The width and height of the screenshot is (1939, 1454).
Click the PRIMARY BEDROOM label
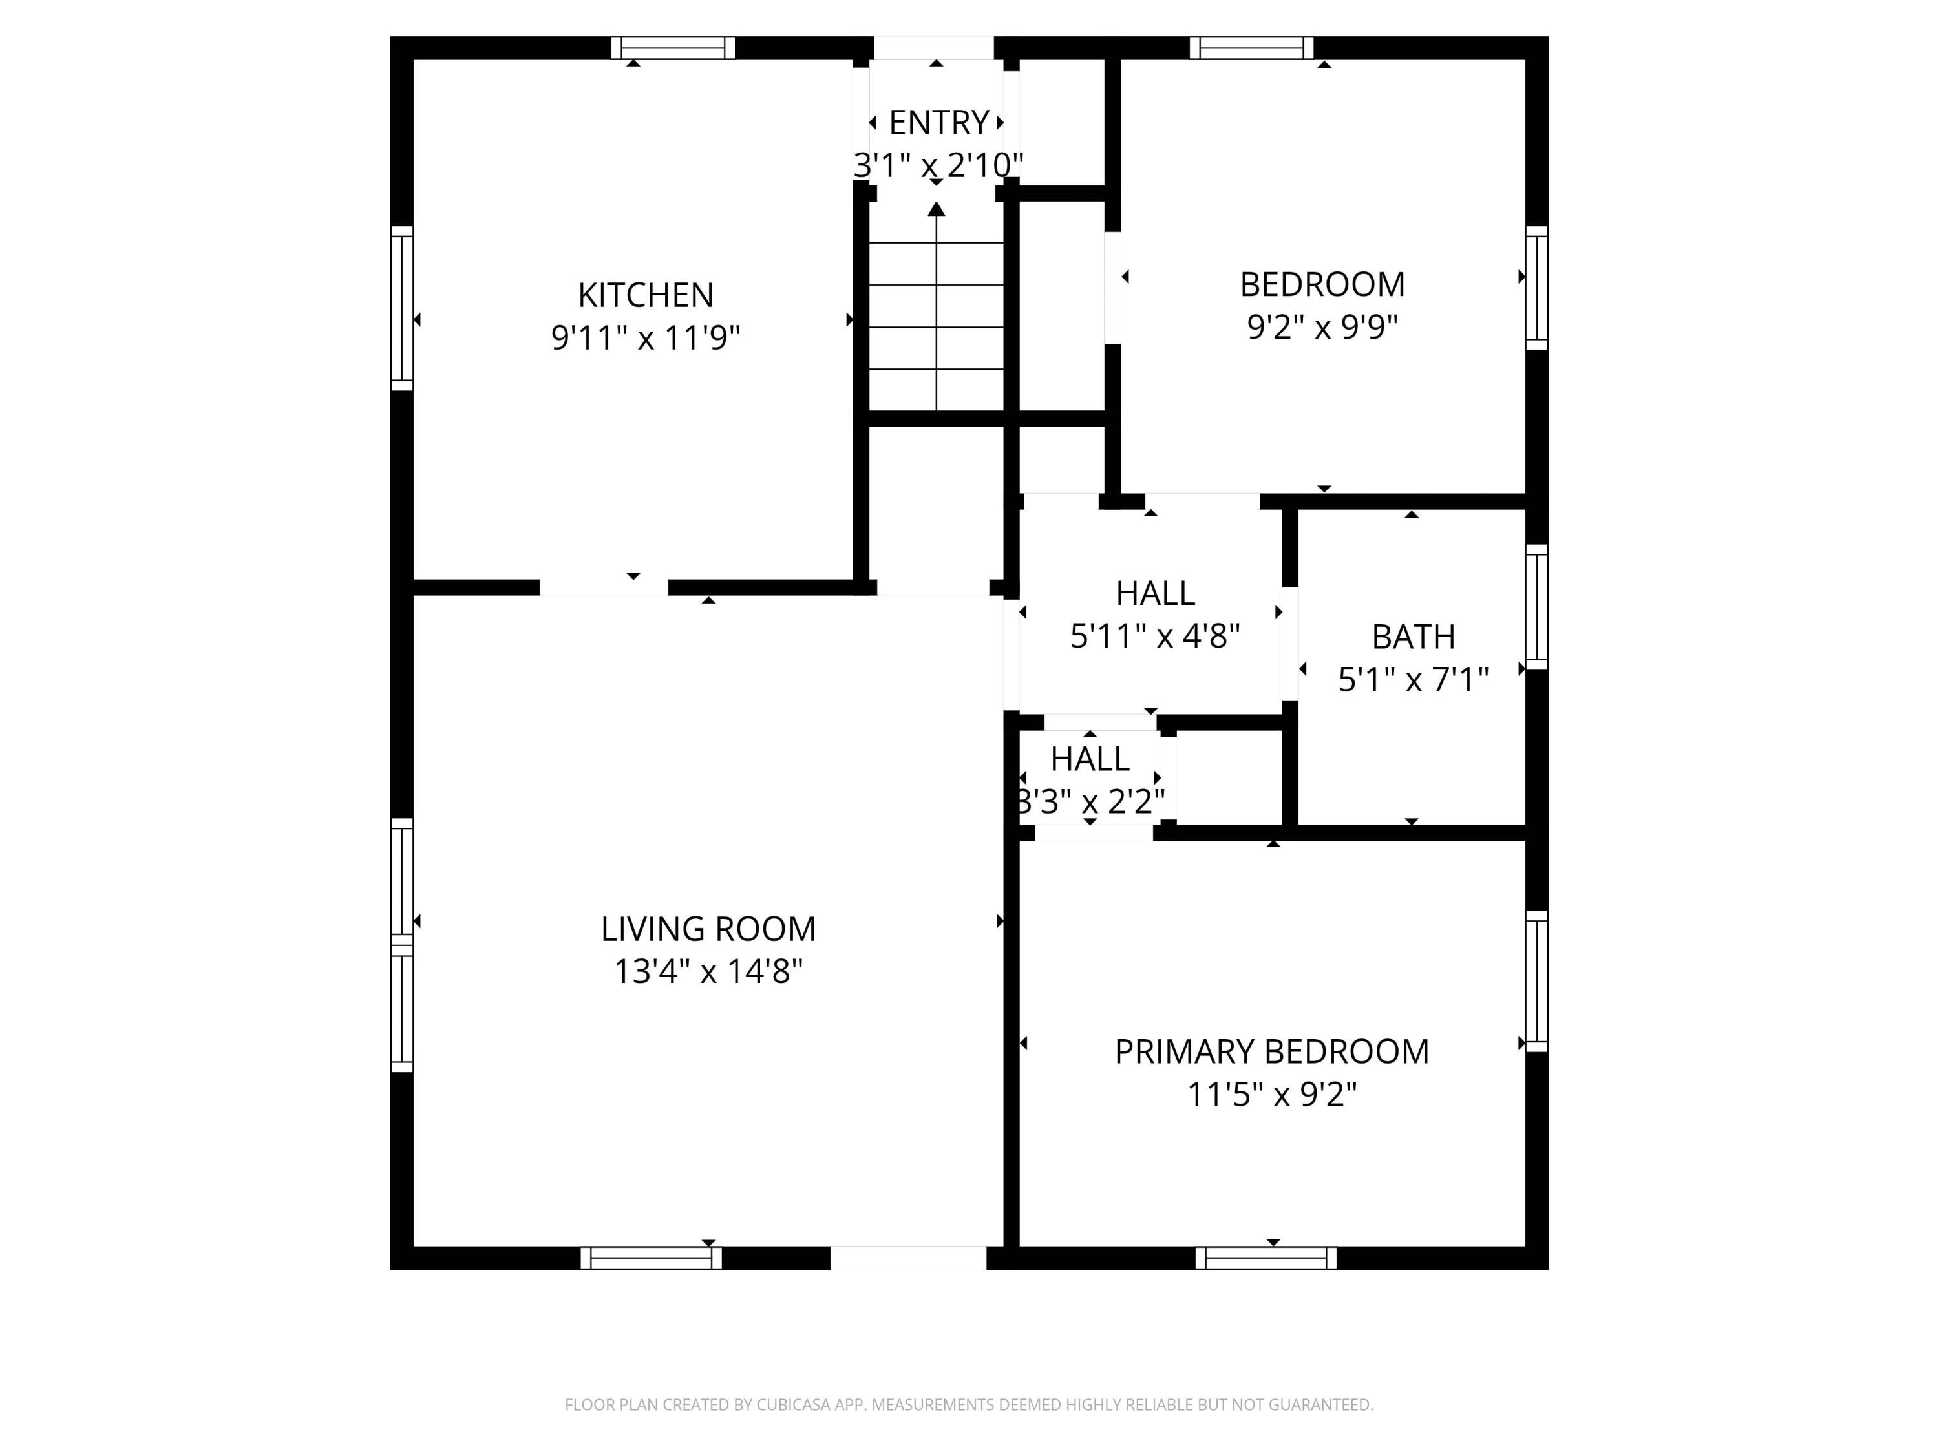(x=1271, y=1051)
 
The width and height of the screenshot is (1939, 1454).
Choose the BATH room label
(x=1412, y=637)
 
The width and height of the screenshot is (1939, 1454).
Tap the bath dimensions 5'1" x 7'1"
(x=1412, y=679)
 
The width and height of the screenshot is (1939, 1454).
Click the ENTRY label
(x=938, y=123)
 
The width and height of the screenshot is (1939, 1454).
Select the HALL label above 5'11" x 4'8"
(x=1154, y=593)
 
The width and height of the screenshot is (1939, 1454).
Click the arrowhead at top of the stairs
(x=936, y=209)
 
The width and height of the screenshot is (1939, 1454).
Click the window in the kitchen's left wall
(x=401, y=308)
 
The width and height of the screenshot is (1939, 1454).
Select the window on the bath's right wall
(x=1536, y=607)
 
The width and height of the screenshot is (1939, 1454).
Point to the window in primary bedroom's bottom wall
(x=1266, y=1258)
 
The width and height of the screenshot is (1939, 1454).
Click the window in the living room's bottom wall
(x=650, y=1258)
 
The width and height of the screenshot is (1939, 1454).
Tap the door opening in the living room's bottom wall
(x=908, y=1258)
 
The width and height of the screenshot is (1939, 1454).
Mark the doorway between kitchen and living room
(x=603, y=587)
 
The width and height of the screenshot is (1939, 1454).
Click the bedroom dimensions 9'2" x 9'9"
(x=1322, y=327)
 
